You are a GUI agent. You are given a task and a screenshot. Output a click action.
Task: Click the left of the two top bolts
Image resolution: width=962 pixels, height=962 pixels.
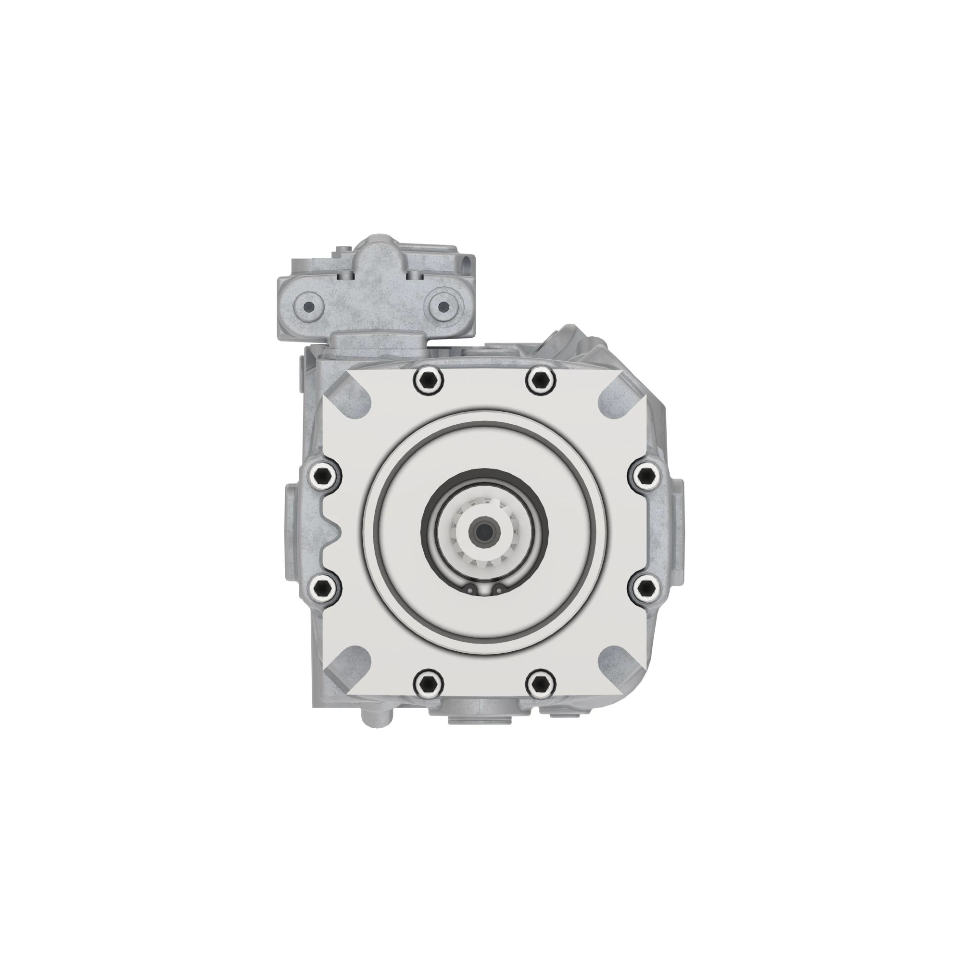[x=428, y=382]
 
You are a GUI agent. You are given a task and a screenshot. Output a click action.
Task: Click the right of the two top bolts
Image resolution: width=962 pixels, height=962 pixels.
[x=540, y=382]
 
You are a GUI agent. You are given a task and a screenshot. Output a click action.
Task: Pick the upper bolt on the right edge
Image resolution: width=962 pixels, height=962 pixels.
[x=646, y=476]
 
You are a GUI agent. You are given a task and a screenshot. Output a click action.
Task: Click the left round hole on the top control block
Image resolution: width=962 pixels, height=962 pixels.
[x=309, y=306]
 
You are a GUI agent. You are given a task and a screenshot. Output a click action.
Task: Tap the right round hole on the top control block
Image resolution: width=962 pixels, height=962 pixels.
[x=443, y=306]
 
